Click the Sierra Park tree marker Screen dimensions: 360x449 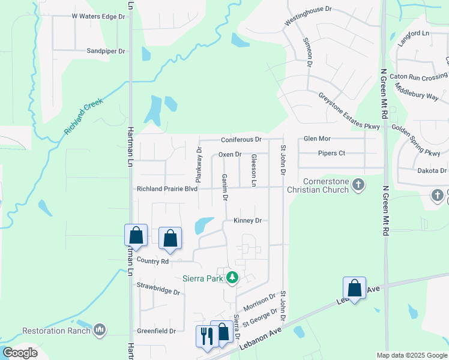pos(232,278)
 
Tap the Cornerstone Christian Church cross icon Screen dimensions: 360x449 pos(358,184)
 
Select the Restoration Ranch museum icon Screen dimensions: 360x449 pos(100,329)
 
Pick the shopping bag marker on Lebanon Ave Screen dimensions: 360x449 pos(355,288)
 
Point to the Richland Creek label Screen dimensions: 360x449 pos(84,115)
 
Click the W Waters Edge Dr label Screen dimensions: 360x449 pos(98,16)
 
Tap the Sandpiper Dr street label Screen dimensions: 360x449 pos(106,52)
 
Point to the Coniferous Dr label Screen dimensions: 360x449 pos(241,139)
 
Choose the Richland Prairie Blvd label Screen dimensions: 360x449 pos(167,188)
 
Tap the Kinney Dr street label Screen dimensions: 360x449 pos(248,220)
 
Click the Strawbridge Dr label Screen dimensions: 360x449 pos(158,289)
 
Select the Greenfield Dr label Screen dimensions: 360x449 pos(155,331)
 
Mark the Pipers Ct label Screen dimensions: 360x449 pos(331,153)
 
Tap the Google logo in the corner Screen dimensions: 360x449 pos(20,352)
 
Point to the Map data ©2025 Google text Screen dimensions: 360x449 pos(411,355)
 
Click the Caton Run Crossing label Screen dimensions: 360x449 pos(418,77)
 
